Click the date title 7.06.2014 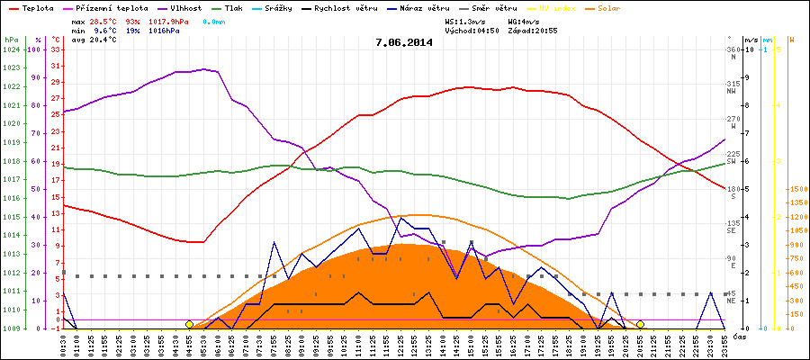coord(404,41)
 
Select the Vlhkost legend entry coord(180,7)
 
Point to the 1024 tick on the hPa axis coord(11,49)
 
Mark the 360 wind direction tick coord(733,49)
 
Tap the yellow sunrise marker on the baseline coord(189,324)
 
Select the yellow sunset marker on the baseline coord(640,324)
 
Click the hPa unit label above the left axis coord(11,40)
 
